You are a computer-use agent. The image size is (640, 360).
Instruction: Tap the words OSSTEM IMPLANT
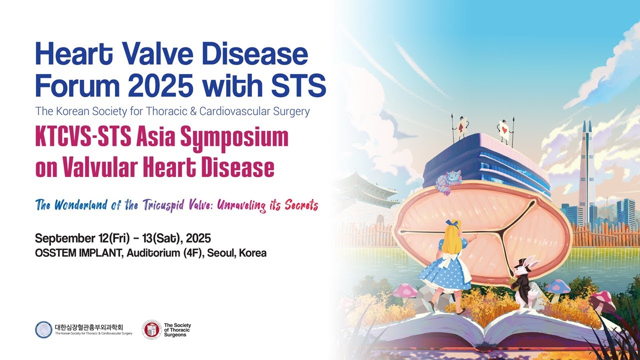[78, 253]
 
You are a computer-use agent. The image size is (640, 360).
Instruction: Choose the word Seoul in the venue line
[220, 253]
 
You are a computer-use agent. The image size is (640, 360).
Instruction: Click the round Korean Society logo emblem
[43, 329]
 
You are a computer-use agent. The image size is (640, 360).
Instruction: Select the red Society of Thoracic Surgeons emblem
[151, 329]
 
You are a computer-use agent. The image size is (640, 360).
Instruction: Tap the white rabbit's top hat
[523, 261]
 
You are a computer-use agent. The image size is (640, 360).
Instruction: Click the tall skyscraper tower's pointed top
[586, 126]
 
